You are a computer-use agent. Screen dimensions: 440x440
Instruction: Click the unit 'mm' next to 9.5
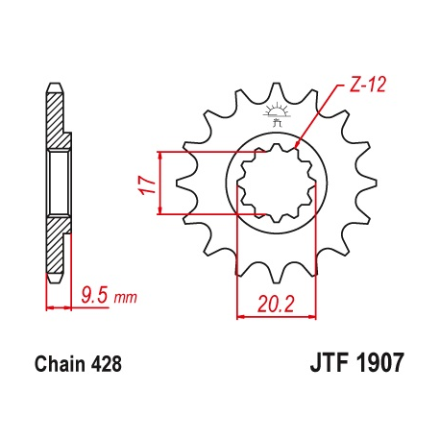coord(125,299)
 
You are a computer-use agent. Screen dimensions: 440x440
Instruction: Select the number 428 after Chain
coord(105,365)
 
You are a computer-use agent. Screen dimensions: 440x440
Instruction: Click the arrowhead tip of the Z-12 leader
coord(296,146)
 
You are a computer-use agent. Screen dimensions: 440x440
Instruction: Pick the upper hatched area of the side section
coord(57,120)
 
